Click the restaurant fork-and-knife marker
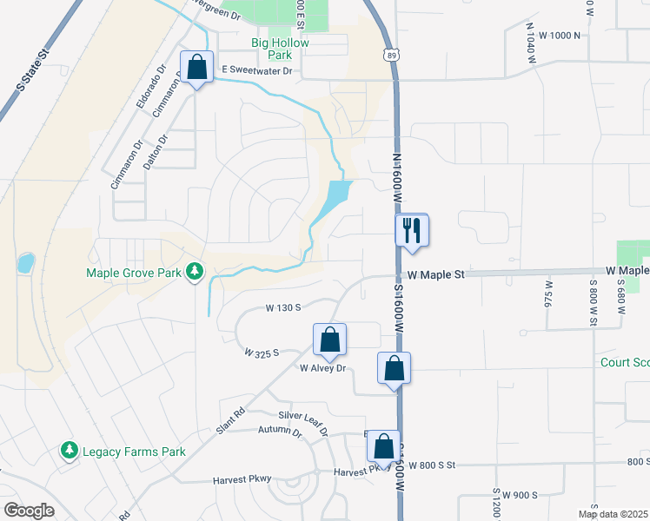[x=412, y=231]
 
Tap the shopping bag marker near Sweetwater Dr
[x=197, y=68]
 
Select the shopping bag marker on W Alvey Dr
[x=329, y=340]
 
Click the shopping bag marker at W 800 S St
[x=383, y=447]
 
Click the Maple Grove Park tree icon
[x=195, y=273]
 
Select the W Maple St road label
[x=437, y=274]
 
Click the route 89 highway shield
[x=391, y=56]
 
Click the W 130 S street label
[x=283, y=307]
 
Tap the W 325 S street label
[x=262, y=353]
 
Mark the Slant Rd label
[x=232, y=421]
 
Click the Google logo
[x=29, y=511]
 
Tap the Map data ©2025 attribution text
[x=613, y=514]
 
